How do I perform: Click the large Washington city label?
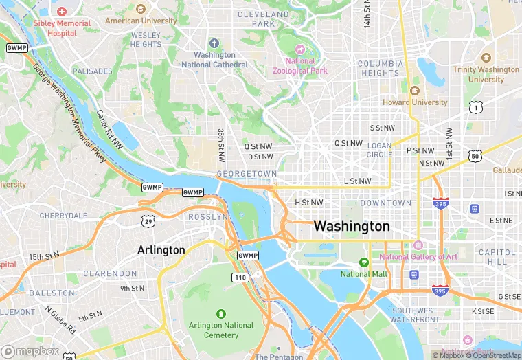(352, 226)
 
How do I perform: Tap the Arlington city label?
(161, 249)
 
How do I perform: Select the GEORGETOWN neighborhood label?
(246, 174)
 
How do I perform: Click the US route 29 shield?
(148, 220)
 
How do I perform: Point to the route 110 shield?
(239, 277)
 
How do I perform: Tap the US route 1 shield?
(475, 106)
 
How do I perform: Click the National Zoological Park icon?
(299, 49)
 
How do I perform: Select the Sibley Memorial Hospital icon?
(62, 12)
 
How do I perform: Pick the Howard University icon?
(414, 91)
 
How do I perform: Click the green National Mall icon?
(364, 262)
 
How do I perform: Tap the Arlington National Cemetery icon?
(220, 313)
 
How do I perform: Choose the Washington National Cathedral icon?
(214, 43)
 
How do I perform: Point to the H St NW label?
(308, 203)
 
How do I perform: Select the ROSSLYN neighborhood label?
(207, 217)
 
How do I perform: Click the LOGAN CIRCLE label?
(379, 150)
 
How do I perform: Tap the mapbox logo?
(30, 350)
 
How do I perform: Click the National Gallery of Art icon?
(418, 245)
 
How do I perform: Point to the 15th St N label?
(45, 257)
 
